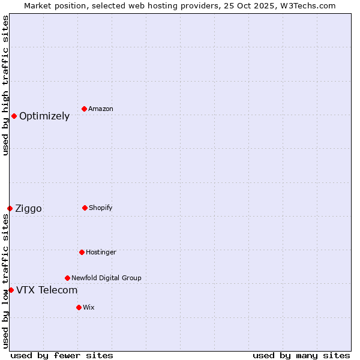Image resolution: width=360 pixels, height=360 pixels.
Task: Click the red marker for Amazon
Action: pos(84,109)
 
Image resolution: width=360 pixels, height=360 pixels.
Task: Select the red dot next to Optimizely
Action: pos(14,116)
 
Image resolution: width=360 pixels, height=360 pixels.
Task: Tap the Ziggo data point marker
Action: pos(10,208)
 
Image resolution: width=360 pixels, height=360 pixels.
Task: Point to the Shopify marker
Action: pos(85,208)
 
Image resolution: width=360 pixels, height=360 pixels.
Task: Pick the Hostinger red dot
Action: pos(82,252)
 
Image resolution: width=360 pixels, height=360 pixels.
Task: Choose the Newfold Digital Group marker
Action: pos(67,278)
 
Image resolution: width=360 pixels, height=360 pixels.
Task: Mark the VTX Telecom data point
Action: pos(11,290)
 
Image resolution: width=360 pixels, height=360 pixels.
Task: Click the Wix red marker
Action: pos(79,307)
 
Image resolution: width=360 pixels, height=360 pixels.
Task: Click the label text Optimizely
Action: pos(44,116)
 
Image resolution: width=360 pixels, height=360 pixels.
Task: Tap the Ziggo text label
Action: pos(28,209)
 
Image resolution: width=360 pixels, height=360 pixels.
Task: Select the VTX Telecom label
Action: pos(47,290)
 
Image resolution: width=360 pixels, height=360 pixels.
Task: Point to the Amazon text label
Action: pos(101,109)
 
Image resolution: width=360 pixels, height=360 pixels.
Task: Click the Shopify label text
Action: pos(101,208)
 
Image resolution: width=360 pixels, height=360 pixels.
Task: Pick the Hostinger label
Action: pos(101,252)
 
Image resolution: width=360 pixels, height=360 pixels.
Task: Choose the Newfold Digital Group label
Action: pos(106,278)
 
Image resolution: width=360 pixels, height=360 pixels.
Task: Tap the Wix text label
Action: pos(89,307)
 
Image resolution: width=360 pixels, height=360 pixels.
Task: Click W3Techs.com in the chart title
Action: pos(307,5)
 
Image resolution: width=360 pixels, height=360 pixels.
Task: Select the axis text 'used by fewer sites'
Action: pos(62,355)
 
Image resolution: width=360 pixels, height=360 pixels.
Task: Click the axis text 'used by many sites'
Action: pos(301,355)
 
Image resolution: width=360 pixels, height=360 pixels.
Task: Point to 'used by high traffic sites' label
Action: pos(5,85)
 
